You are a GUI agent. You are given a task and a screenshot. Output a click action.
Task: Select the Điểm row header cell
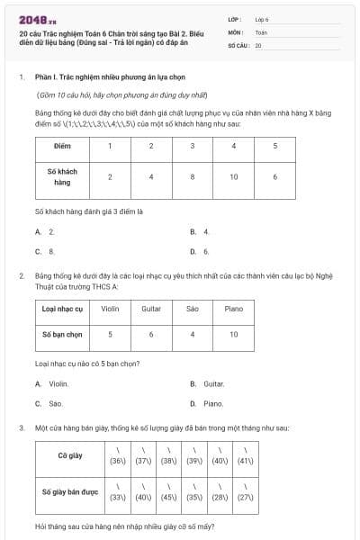click(x=62, y=146)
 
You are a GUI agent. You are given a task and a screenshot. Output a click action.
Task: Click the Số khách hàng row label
click(x=62, y=176)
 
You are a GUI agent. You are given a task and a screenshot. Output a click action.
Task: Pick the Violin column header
click(x=110, y=309)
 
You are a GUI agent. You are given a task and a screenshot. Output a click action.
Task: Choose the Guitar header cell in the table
click(x=151, y=309)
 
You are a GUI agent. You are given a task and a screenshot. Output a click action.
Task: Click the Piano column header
click(x=233, y=309)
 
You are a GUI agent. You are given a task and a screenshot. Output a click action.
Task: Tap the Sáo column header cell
click(x=192, y=309)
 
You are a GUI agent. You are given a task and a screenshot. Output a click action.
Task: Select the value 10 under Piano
click(x=233, y=334)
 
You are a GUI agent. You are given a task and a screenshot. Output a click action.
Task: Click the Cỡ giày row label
click(x=69, y=456)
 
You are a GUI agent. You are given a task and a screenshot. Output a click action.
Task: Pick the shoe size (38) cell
click(x=167, y=456)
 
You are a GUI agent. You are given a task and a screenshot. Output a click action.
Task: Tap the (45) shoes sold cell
click(x=167, y=492)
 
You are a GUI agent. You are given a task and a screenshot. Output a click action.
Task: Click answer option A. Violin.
click(x=52, y=383)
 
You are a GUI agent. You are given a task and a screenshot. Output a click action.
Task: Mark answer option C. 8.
click(x=45, y=252)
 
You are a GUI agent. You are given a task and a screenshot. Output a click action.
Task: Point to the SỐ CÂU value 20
click(x=258, y=44)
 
